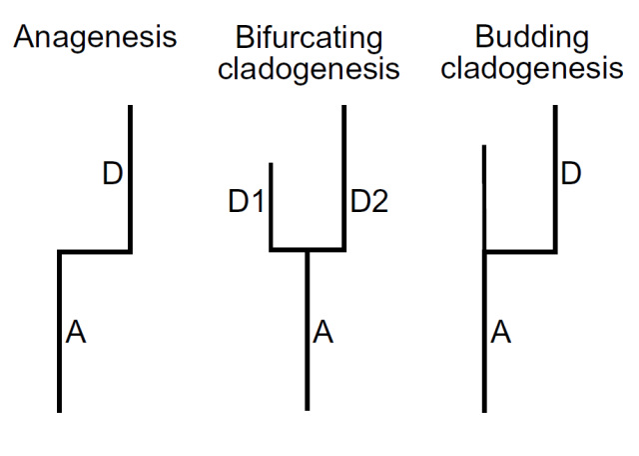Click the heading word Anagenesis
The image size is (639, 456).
coord(95,39)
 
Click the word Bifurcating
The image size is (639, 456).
coord(309,39)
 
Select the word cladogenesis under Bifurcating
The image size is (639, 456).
coord(309,70)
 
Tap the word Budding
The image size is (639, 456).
coord(531,39)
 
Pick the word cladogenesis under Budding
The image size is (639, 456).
coord(531,70)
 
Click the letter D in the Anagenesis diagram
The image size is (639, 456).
coord(112,174)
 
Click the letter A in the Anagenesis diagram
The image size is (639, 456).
coord(75,333)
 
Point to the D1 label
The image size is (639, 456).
coord(246,203)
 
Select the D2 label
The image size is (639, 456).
coord(368,203)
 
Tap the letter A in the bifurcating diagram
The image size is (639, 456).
coord(322,333)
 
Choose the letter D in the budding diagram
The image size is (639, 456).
coord(571,174)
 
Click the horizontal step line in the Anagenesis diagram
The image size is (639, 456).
coord(95,251)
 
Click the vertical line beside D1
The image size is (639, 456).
coord(272,205)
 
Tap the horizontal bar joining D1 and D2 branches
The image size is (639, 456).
coord(308,250)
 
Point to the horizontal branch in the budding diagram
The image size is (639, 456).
coord(520,251)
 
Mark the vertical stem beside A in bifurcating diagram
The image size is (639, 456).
coord(308,330)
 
